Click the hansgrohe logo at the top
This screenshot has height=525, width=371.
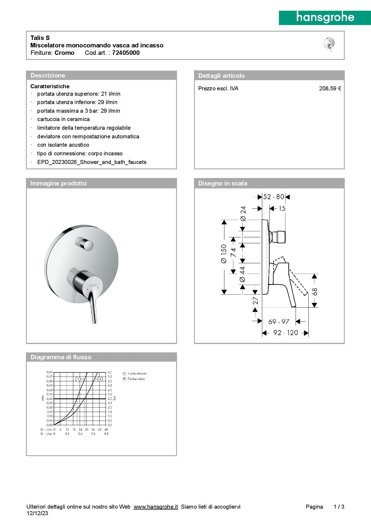pyautogui.click(x=325, y=18)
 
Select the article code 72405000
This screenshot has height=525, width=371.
pyautogui.click(x=126, y=53)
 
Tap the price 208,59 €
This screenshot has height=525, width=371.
pyautogui.click(x=330, y=89)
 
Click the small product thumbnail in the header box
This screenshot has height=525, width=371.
pyautogui.click(x=329, y=44)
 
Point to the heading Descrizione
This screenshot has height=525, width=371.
pyautogui.click(x=48, y=75)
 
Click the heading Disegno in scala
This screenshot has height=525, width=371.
pyautogui.click(x=223, y=183)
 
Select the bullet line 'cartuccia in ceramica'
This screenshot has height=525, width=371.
pyautogui.click(x=63, y=119)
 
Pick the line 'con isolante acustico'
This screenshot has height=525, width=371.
pyautogui.click(x=63, y=145)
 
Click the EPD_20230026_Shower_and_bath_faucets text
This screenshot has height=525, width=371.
pyautogui.click(x=92, y=162)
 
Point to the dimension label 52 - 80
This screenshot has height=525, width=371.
pyautogui.click(x=274, y=197)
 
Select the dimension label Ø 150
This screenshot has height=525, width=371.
pyautogui.click(x=224, y=254)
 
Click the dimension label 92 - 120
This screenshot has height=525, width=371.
pyautogui.click(x=285, y=333)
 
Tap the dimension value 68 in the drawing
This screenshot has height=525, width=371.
pyautogui.click(x=315, y=292)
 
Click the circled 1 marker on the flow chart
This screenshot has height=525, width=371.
pyautogui.click(x=78, y=379)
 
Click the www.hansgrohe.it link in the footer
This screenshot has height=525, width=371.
pyautogui.click(x=156, y=507)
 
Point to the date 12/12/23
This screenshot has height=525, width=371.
pyautogui.click(x=37, y=513)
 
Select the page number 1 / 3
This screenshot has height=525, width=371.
pyautogui.click(x=339, y=507)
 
